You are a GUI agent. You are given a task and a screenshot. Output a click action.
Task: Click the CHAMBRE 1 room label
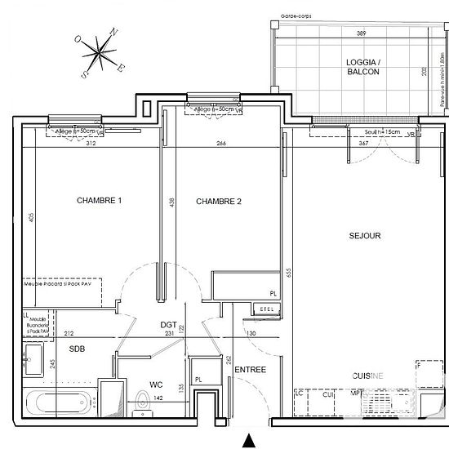tap(100, 201)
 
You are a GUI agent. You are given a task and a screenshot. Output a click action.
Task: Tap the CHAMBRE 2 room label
tap(219, 201)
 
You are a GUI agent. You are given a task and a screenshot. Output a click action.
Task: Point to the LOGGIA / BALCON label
tap(362, 65)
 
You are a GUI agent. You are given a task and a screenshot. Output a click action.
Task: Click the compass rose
tap(100, 52)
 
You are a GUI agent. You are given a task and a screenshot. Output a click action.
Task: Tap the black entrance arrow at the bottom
tap(247, 442)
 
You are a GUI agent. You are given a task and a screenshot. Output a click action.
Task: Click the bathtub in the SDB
tap(62, 403)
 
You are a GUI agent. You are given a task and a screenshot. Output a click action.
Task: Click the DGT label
tap(168, 324)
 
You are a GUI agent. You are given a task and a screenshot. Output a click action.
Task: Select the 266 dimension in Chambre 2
tap(221, 144)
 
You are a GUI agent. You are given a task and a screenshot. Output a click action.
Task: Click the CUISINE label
tap(367, 376)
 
